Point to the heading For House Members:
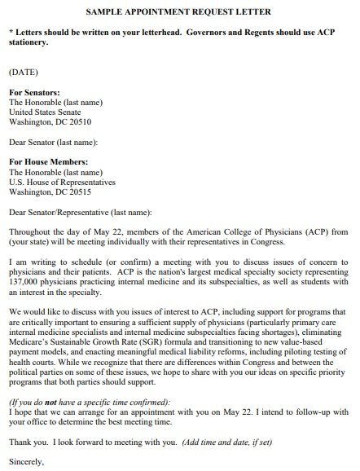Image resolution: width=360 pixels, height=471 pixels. coord(45,162)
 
